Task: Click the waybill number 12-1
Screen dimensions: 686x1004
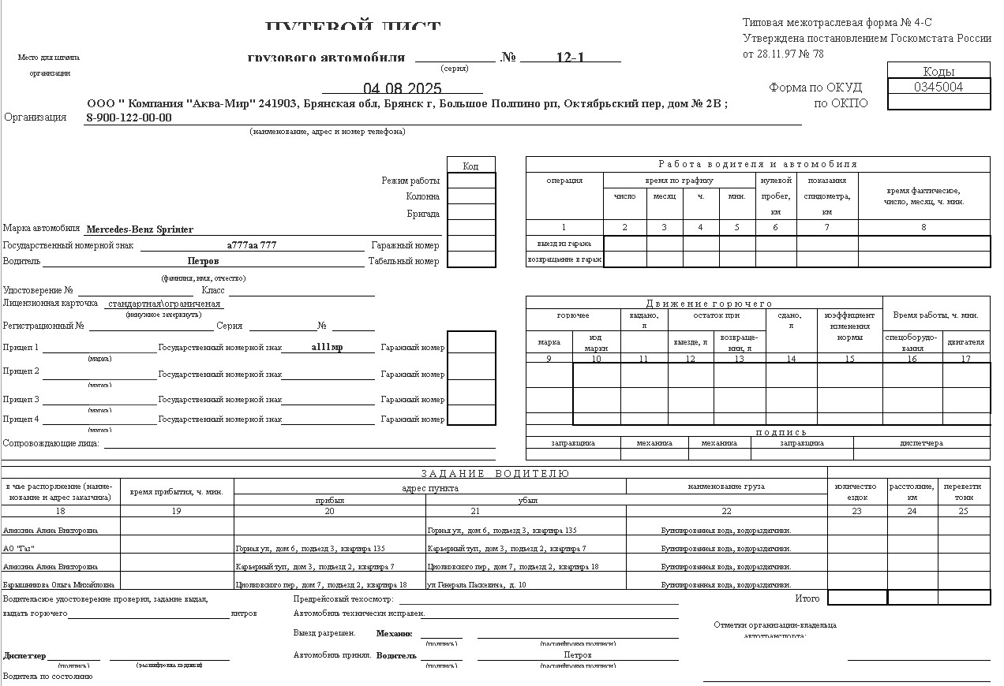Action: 570,57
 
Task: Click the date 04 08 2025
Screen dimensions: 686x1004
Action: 402,88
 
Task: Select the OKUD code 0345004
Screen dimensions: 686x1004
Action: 938,87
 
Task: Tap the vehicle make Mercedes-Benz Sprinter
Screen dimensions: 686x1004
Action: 140,229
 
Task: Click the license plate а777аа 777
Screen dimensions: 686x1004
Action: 252,245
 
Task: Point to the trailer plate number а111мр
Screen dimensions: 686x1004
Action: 328,347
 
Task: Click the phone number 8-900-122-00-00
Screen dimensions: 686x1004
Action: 129,118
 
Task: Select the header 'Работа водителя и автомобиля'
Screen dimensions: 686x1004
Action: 758,164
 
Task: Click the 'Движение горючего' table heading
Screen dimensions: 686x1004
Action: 709,304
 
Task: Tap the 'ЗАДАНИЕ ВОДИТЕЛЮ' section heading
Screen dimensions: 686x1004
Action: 495,474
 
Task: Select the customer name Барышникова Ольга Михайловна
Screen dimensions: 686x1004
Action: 58,585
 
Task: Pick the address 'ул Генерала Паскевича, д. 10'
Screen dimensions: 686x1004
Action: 477,585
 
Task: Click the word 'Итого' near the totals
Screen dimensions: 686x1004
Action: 807,598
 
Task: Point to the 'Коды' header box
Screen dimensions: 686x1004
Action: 938,72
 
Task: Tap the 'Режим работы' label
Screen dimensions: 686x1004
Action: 410,181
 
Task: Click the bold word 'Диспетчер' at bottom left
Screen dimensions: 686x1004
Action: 24,656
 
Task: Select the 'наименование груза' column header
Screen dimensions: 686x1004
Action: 726,487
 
